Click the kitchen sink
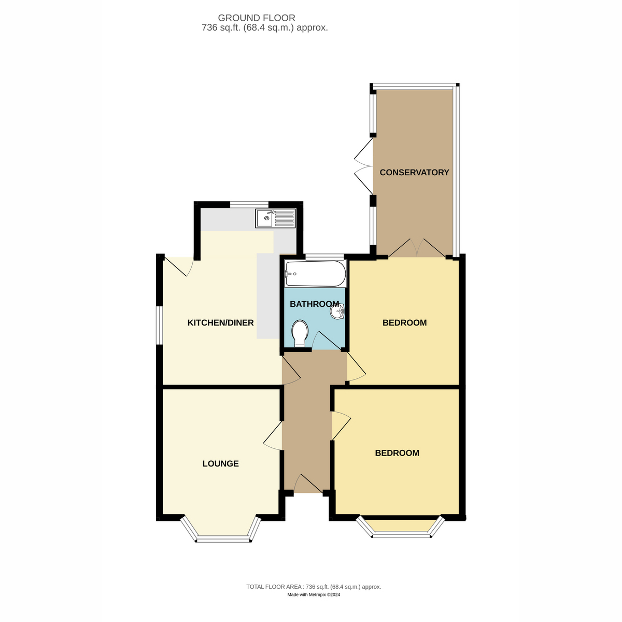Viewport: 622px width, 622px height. pos(275,218)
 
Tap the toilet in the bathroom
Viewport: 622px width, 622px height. pos(300,333)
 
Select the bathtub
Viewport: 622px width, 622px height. pos(316,274)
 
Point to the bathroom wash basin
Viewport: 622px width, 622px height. pos(337,311)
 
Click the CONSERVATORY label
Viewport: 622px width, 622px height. pos(414,173)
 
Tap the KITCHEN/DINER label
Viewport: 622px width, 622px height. pos(220,322)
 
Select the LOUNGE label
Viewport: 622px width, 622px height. pos(220,463)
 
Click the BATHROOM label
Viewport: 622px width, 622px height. pos(314,304)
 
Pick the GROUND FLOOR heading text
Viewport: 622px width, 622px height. pos(256,18)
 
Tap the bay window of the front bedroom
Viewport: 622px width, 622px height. pos(400,526)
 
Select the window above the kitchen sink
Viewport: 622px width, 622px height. pos(249,204)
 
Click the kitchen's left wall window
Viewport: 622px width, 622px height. pos(160,325)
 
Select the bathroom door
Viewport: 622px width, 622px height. pos(327,340)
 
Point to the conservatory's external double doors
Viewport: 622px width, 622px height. pos(364,166)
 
